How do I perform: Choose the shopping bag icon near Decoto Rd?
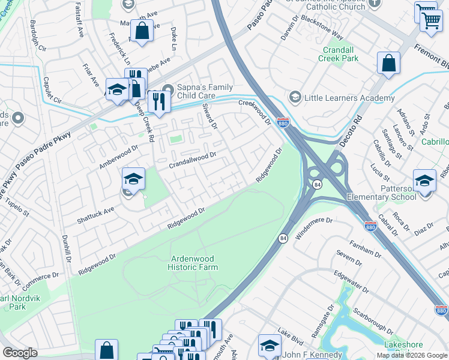pos(388,63)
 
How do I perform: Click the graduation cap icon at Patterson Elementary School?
pos(424,180)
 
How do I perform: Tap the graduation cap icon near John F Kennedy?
pos(270,345)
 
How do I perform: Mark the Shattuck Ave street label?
pos(95,216)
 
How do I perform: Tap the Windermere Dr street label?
pos(314,227)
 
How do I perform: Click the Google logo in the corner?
pos(20,353)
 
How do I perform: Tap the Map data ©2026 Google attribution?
pos(411,355)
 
